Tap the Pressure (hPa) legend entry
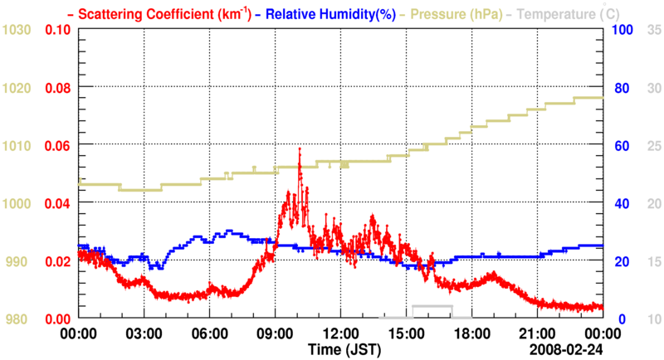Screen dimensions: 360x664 451,13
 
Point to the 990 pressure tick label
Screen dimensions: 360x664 20,261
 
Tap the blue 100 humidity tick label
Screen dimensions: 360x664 622,30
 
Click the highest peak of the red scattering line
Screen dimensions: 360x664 300,148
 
